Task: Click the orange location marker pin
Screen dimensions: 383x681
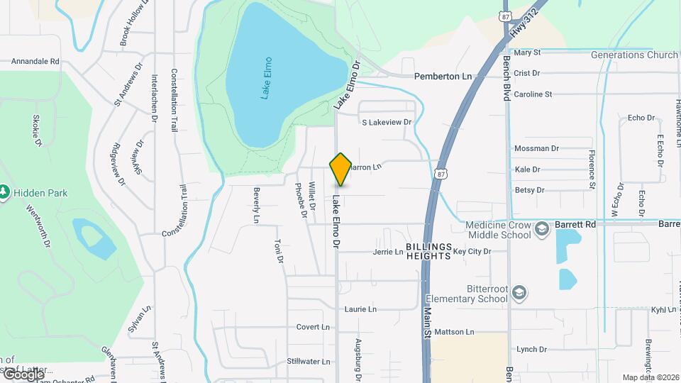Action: (340, 169)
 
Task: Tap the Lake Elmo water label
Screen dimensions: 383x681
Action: (266, 78)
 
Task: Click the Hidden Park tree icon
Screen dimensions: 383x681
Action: (4, 192)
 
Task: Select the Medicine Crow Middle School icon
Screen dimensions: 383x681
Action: (542, 228)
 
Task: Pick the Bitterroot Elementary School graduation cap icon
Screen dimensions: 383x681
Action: (519, 293)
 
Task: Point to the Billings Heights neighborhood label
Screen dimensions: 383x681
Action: (429, 251)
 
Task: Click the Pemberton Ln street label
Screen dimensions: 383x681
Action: (443, 76)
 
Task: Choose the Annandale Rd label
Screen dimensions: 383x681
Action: (35, 62)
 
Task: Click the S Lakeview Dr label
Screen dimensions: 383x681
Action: (387, 123)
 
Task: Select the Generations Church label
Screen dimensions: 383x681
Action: (634, 55)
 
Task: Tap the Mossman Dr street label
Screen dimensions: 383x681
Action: (536, 149)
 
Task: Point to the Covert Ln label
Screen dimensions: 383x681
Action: (313, 327)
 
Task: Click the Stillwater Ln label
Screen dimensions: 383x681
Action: (308, 362)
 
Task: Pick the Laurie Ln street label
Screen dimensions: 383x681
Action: (360, 309)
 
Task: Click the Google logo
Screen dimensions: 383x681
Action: (23, 374)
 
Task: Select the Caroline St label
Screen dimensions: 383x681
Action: (533, 94)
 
